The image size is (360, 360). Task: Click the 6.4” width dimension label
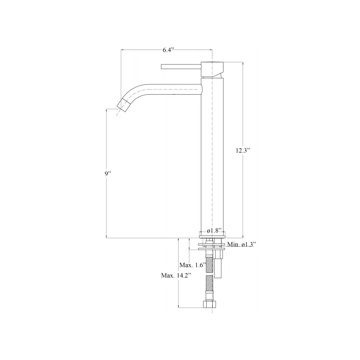click(x=168, y=50)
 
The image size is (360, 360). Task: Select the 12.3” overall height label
click(x=243, y=150)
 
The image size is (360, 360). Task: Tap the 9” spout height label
click(x=108, y=174)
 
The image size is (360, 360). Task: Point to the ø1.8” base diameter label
click(x=214, y=230)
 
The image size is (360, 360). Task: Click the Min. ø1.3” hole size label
click(x=240, y=244)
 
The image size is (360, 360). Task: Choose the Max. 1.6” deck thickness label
click(x=192, y=265)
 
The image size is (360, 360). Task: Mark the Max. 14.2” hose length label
click(x=176, y=275)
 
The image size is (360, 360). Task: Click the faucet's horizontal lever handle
click(x=181, y=67)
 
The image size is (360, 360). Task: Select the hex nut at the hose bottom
click(x=210, y=305)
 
